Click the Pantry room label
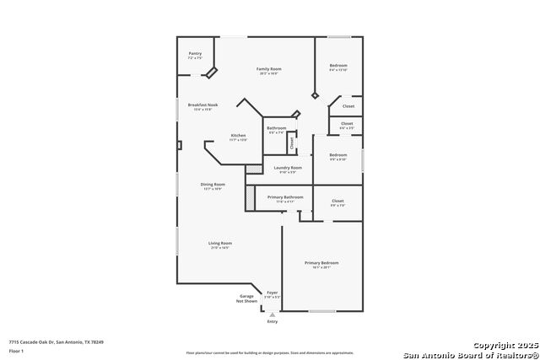pyautogui.click(x=195, y=53)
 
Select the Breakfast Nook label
pyautogui.click(x=202, y=105)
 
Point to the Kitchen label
pyautogui.click(x=239, y=136)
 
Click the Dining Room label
pyautogui.click(x=213, y=184)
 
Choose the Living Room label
pyautogui.click(x=220, y=244)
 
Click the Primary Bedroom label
pyautogui.click(x=322, y=262)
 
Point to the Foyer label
pyautogui.click(x=272, y=293)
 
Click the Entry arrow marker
pyautogui.click(x=272, y=314)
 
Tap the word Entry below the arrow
pyautogui.click(x=272, y=321)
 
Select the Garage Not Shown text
pyautogui.click(x=247, y=298)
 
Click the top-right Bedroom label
pyautogui.click(x=338, y=65)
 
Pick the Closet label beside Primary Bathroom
pyautogui.click(x=337, y=201)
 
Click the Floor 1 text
pyautogui.click(x=16, y=350)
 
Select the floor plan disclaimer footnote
pyautogui.click(x=271, y=352)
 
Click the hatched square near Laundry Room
pyautogui.click(x=251, y=169)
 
